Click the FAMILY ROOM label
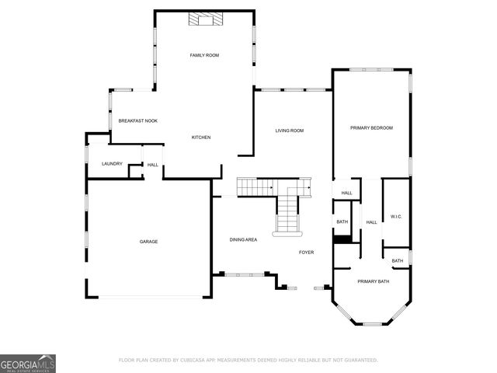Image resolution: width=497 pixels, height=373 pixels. pos(205,55)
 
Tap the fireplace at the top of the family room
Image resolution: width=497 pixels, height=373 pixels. pos(205,19)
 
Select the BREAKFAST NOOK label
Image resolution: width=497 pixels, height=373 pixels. pos(138,121)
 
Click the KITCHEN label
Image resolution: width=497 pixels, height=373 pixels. pos(201,138)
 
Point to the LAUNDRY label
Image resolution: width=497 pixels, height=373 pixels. pos(113,164)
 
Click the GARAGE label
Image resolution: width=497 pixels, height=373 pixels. pos(148,242)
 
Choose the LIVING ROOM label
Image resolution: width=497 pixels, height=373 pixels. pos(290,131)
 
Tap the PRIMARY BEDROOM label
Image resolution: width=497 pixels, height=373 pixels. pos(371,127)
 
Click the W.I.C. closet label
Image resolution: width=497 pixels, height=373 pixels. pos(394,217)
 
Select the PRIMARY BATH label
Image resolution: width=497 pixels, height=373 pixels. pos(371,281)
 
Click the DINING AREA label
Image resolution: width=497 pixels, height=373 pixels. pos(243,239)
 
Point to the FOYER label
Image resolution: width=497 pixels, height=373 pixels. pos(308,253)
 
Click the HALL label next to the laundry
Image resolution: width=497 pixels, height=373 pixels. pos(153,165)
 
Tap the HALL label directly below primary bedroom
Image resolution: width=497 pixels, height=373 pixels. pos(346,193)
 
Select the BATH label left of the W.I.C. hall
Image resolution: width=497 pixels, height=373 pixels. pos(342,222)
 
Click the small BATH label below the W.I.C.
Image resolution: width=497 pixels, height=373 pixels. pos(397,261)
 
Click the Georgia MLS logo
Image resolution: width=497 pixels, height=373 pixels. pos(28,363)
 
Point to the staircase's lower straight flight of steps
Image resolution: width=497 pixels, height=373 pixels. pos(288,214)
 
